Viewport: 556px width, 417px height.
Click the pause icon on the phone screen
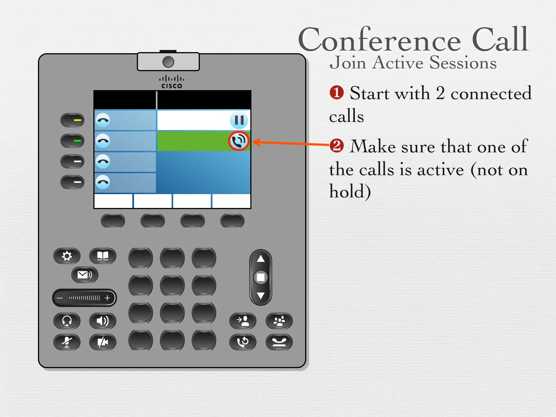[x=239, y=120]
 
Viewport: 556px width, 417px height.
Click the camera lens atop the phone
[x=168, y=62]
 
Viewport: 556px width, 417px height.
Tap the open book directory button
[x=103, y=256]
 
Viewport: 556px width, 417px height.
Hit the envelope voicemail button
[x=85, y=275]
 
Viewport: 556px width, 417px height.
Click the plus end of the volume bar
[x=108, y=298]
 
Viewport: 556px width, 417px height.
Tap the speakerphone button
[x=103, y=321]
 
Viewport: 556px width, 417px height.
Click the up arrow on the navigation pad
[x=261, y=259]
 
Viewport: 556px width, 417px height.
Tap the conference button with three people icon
[x=279, y=321]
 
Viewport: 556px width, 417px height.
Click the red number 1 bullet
[x=337, y=93]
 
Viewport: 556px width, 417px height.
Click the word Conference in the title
[x=380, y=40]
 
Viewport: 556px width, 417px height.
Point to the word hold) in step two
[x=350, y=191]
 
